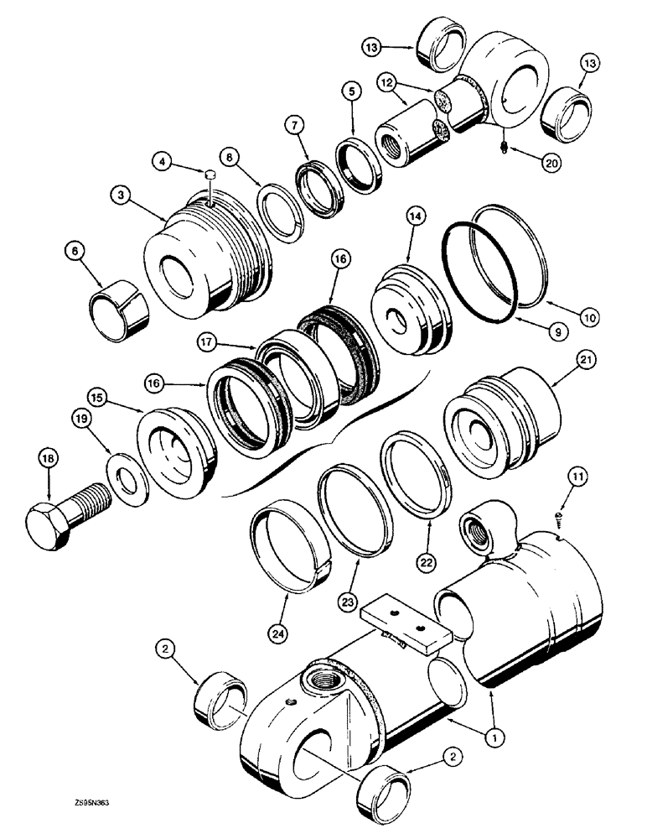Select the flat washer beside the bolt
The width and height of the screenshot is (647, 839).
127,480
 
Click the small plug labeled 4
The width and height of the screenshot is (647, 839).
211,175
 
